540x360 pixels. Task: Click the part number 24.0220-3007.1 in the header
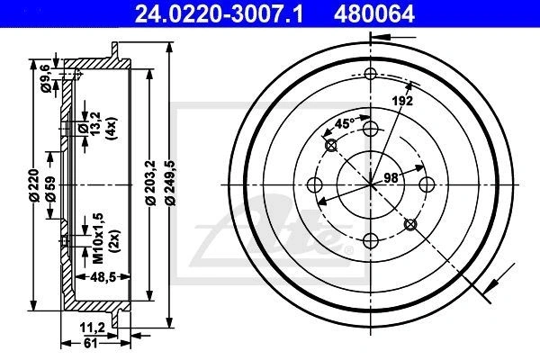[219, 14]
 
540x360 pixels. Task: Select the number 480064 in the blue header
[374, 14]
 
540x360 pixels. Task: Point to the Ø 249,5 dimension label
[171, 184]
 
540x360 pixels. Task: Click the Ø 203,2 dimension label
[151, 184]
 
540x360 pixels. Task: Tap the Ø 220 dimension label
[34, 185]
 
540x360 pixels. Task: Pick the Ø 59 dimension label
[50, 189]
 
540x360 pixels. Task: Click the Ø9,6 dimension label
[46, 79]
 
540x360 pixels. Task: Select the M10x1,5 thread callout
[98, 238]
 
